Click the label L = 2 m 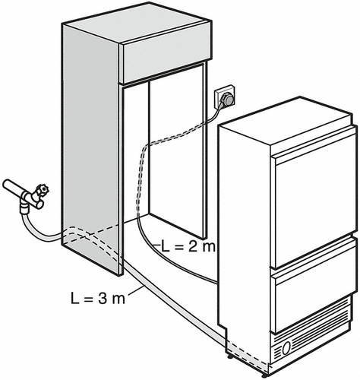(x=188, y=247)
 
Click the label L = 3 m (x=98, y=299)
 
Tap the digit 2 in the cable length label (x=192, y=247)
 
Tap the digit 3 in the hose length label (x=102, y=299)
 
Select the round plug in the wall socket (x=228, y=100)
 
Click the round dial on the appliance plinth (x=286, y=348)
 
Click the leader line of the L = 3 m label (x=135, y=290)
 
